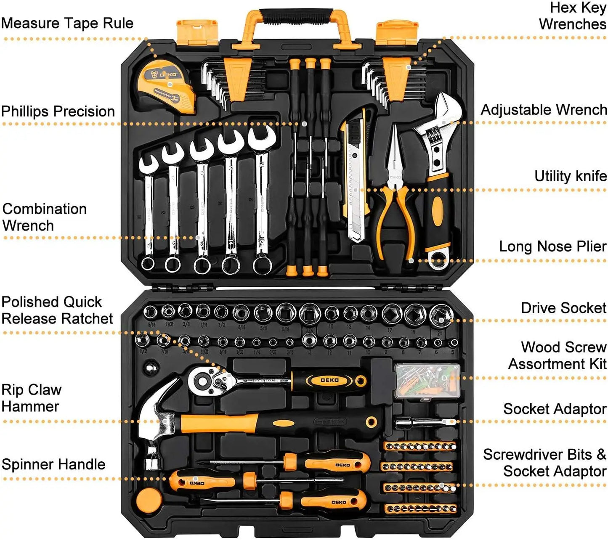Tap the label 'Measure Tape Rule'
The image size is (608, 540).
coord(67,23)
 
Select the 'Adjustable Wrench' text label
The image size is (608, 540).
coord(544,110)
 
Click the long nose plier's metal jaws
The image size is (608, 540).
coord(395,151)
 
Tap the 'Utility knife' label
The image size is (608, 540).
coord(570,176)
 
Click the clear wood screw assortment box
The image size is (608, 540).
coord(427,381)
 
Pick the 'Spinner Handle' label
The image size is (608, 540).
coord(53,464)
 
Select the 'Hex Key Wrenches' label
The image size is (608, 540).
coord(573,16)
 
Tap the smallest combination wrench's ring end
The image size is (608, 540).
coord(148,263)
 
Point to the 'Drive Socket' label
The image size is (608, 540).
coord(563,308)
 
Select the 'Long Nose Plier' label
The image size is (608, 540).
coord(552,246)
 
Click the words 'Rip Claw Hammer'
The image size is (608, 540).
coord(31,398)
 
